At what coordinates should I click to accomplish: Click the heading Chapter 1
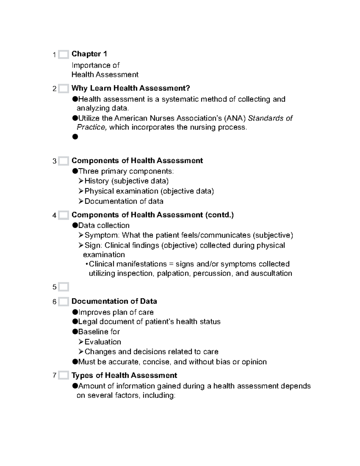[x=89, y=54]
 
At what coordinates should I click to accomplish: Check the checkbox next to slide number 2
[x=63, y=89]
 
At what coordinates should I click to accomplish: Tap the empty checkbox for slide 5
[x=63, y=287]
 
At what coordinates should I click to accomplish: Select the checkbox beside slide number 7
[x=63, y=375]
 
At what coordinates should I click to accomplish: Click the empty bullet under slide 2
[x=75, y=137]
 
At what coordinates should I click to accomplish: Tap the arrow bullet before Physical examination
[x=81, y=191]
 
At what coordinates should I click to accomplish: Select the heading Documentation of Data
[x=114, y=301]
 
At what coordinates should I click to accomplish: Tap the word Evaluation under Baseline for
[x=103, y=342]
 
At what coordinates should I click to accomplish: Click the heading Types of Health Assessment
[x=124, y=375]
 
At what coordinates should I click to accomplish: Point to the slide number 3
[x=54, y=161]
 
